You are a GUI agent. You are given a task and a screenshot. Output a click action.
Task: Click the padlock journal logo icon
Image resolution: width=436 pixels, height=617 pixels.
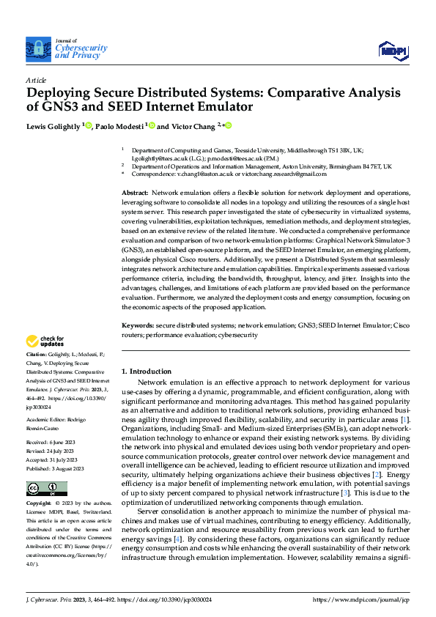click(37, 49)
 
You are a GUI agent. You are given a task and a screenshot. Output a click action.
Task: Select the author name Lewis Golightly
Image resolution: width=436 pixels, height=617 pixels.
click(55, 125)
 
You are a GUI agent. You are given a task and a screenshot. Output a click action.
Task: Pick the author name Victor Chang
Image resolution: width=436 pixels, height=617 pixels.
click(192, 125)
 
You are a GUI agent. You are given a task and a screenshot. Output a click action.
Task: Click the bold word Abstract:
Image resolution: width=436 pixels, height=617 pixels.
click(136, 191)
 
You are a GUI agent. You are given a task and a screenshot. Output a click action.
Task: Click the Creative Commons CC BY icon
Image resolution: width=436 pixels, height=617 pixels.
click(46, 488)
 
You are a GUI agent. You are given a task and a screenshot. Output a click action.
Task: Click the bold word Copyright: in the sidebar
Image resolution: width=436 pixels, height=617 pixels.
click(39, 504)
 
